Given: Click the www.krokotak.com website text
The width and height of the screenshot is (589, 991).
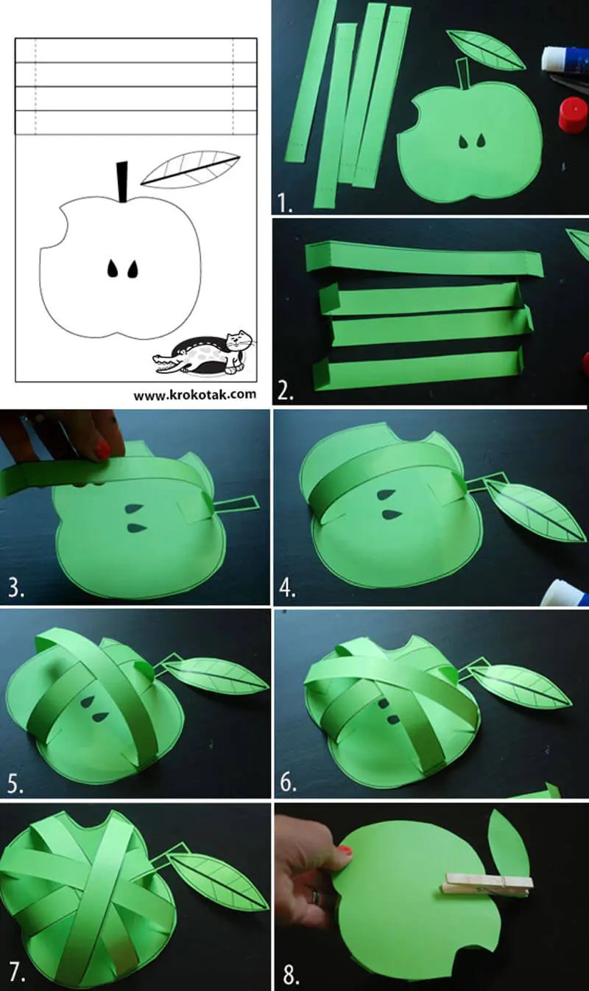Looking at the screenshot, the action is coord(194,394).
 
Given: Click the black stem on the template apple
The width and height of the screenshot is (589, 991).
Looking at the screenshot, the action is coord(122,181).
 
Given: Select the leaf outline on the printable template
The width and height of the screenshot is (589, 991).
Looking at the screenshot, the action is coord(190,169).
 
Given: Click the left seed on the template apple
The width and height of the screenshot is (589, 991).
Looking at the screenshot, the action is coord(113,269).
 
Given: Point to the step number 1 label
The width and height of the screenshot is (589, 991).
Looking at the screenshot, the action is coord(285,203).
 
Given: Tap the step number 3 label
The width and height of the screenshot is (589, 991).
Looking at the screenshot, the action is coord(16,589).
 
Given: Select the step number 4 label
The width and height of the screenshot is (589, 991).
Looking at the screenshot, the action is coord(287,589).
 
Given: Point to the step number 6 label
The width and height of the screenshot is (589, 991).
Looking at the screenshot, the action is coord(289,782).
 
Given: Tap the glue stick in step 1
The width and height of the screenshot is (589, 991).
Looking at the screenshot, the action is coord(565,59).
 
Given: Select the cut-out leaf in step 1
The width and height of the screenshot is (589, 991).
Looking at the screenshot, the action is coord(485,49).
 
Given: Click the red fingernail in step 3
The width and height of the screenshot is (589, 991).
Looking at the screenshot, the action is coord(102,449).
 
